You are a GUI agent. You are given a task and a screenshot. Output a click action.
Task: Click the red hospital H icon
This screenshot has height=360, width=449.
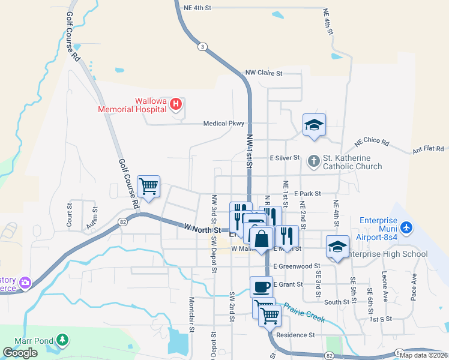(x=176, y=104)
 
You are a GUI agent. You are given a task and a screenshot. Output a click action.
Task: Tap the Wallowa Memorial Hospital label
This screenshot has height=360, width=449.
(x=133, y=106)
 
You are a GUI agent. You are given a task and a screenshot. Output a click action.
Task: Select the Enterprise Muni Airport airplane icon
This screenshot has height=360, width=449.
(x=408, y=228)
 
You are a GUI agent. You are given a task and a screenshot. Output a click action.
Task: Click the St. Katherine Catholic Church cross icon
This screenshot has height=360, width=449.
(x=313, y=161)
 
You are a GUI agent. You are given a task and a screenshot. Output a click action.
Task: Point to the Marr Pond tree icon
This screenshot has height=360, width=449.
(x=62, y=340)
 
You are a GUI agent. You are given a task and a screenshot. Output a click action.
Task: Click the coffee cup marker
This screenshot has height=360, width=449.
(x=261, y=286)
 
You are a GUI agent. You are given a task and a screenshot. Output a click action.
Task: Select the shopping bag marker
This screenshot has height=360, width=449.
(x=261, y=239)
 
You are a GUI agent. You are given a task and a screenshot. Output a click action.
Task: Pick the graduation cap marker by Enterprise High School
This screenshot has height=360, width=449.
(x=337, y=246)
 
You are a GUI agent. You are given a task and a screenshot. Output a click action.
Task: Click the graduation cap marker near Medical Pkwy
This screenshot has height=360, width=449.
(x=314, y=125)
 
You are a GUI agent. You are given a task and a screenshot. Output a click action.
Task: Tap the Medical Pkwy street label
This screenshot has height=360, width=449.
(x=224, y=124)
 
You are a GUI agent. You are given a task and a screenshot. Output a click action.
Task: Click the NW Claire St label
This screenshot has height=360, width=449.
(x=264, y=73)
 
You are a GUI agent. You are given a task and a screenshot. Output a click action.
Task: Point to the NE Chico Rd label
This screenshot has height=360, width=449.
(x=372, y=142)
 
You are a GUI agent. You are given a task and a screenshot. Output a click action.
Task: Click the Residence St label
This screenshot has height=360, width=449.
(x=295, y=335)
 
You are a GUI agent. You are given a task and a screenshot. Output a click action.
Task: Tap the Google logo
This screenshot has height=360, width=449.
(x=20, y=352)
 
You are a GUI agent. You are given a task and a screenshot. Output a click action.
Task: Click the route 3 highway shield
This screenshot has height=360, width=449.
(x=203, y=46)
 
